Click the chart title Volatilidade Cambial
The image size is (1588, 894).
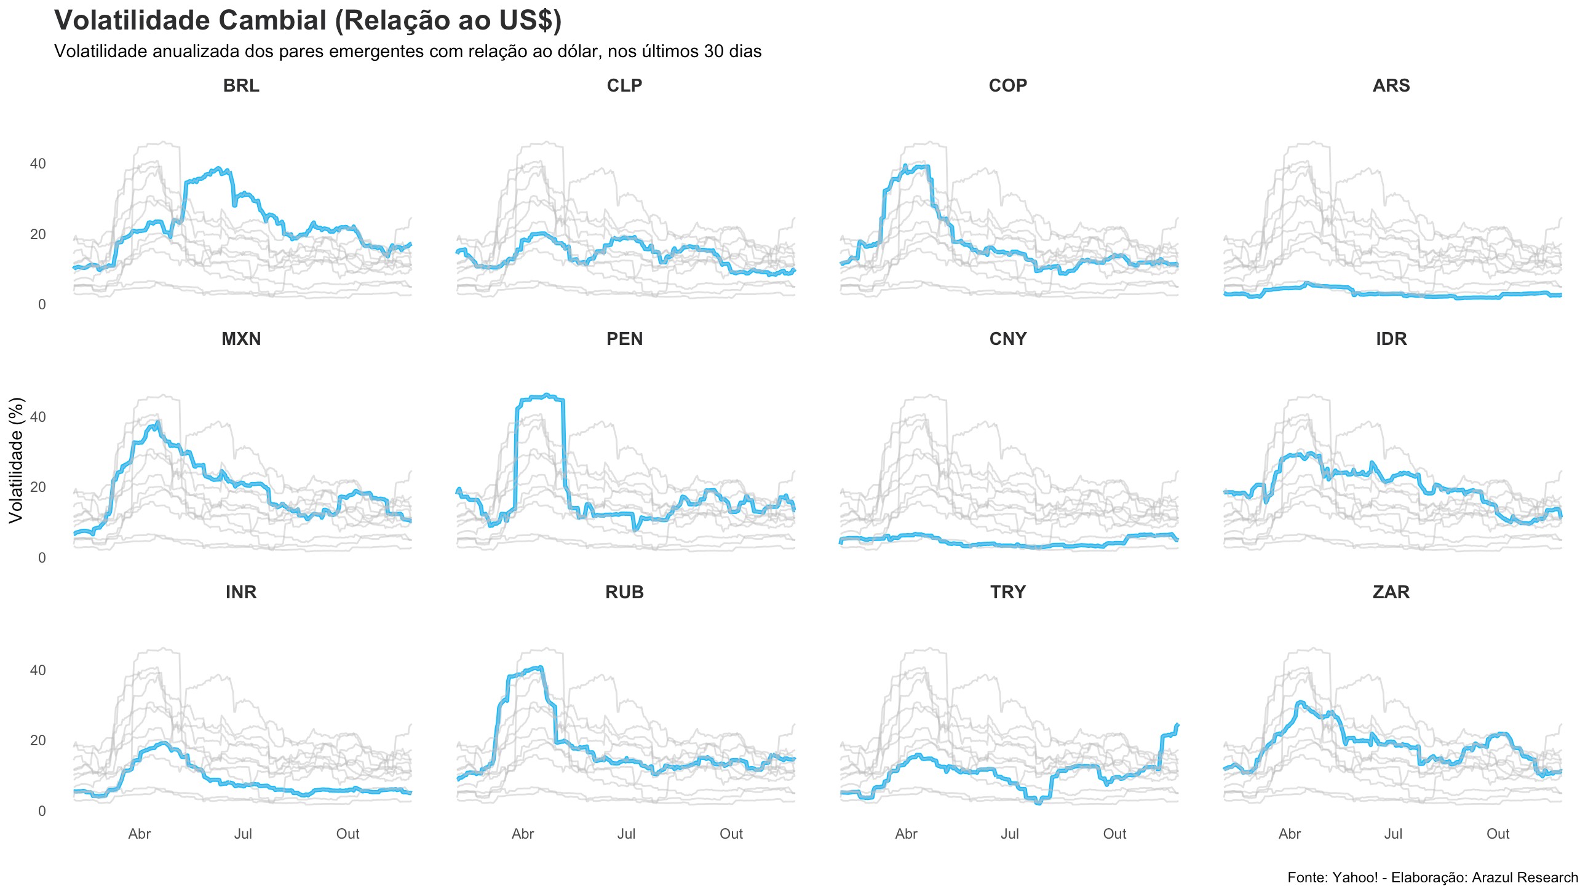point(308,20)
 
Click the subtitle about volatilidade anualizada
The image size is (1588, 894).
point(408,51)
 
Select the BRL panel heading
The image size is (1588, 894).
point(241,85)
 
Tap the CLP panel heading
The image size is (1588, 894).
point(624,85)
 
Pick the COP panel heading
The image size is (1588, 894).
point(1007,85)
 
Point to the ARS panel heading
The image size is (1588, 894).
point(1391,85)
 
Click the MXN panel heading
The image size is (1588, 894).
point(241,339)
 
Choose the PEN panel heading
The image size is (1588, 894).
point(624,339)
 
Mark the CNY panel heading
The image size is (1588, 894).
point(1007,339)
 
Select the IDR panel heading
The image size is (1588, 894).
point(1391,339)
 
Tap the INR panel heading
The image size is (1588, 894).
point(241,592)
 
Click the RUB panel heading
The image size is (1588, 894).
point(624,592)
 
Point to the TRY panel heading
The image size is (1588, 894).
point(1007,592)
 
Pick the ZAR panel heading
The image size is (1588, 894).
point(1391,592)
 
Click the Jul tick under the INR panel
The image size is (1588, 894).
point(243,834)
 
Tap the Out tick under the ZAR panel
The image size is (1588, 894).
point(1498,834)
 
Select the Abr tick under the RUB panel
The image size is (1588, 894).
point(523,834)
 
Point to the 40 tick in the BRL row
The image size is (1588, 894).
point(38,164)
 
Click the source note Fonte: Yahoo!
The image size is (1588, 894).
point(1432,877)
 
